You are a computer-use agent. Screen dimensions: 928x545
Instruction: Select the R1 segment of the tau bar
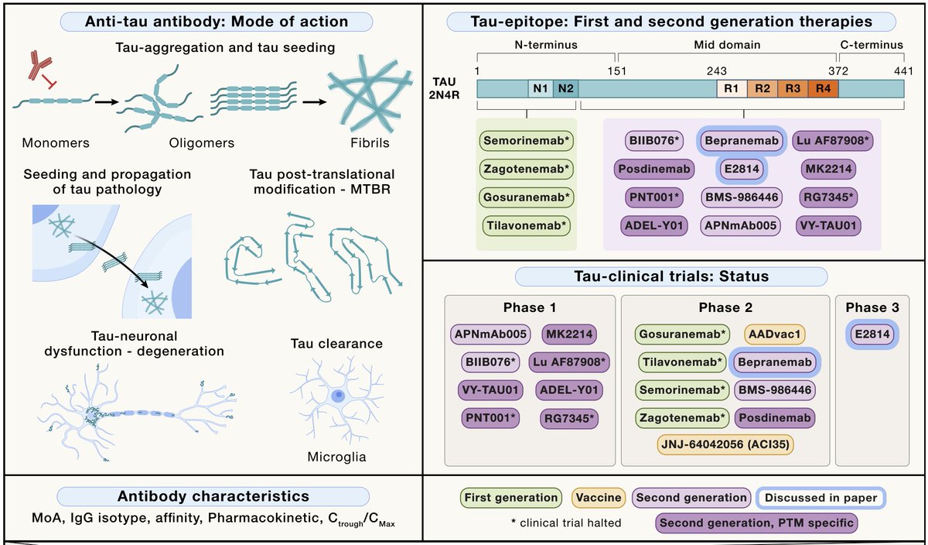pyautogui.click(x=732, y=89)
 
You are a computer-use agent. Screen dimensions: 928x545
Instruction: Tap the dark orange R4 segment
pyautogui.click(x=823, y=89)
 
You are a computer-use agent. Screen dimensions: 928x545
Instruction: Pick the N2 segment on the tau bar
pyautogui.click(x=565, y=89)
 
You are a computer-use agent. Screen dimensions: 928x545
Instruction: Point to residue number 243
pyautogui.click(x=717, y=71)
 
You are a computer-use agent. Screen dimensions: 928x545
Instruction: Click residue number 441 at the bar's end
pyautogui.click(x=903, y=71)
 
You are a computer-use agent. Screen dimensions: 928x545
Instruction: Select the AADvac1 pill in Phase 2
pyautogui.click(x=774, y=334)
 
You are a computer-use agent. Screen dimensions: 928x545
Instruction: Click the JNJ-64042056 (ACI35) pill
pyautogui.click(x=725, y=444)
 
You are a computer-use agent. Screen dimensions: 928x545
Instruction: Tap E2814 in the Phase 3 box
pyautogui.click(x=872, y=334)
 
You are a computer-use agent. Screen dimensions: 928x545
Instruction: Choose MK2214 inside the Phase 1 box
pyautogui.click(x=569, y=334)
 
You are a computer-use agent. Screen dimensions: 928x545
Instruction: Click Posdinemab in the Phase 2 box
pyautogui.click(x=775, y=418)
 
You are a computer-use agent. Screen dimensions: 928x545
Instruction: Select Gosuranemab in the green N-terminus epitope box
pyautogui.click(x=526, y=197)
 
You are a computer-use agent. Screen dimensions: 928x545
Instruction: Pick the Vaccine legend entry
pyautogui.click(x=599, y=498)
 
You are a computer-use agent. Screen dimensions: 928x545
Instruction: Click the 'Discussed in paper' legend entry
pyautogui.click(x=821, y=498)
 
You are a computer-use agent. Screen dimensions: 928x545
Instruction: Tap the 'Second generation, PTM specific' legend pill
pyautogui.click(x=756, y=523)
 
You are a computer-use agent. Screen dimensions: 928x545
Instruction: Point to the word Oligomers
pyautogui.click(x=201, y=143)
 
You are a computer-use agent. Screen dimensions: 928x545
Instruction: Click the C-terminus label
pyautogui.click(x=872, y=45)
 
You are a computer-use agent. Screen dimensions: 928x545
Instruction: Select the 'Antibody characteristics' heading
pyautogui.click(x=213, y=496)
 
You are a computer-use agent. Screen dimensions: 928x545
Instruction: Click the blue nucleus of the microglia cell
pyautogui.click(x=339, y=396)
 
